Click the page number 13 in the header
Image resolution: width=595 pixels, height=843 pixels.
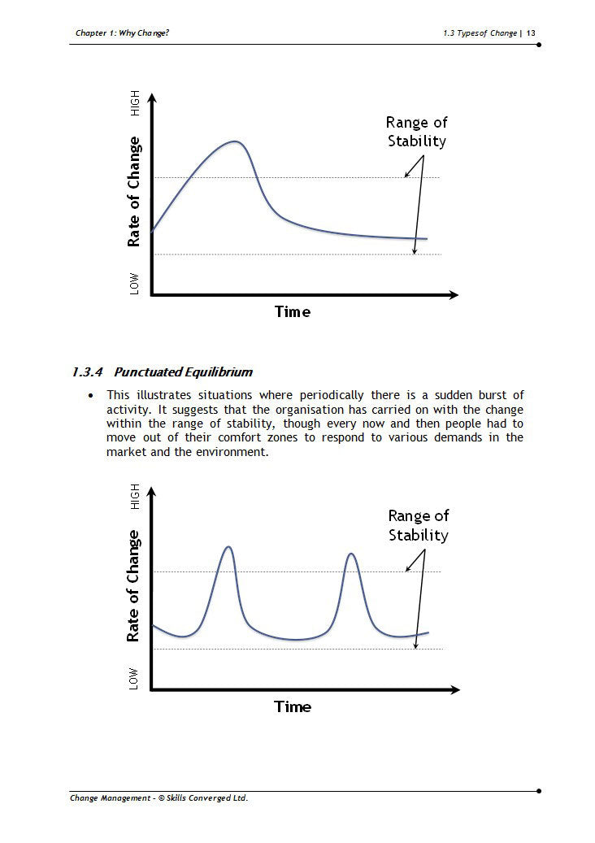531,33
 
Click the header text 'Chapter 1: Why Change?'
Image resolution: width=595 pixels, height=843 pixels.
122,33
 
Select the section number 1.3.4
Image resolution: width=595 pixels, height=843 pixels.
87,372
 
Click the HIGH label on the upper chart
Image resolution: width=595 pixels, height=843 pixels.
134,102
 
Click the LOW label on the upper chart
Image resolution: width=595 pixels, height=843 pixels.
134,284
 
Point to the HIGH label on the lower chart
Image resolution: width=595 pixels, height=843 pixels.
134,496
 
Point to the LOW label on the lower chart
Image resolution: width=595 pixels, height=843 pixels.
133,679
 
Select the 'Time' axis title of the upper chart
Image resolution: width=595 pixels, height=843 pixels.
293,312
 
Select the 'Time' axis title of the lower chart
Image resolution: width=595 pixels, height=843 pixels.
293,706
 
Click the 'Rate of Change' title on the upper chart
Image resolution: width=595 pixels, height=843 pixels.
134,191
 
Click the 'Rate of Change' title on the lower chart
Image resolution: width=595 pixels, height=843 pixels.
133,586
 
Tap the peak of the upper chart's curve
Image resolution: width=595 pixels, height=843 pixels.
236,141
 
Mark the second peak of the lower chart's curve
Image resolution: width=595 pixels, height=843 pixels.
351,554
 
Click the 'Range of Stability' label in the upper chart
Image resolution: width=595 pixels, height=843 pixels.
416,132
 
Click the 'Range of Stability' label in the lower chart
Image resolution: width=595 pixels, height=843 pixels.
418,526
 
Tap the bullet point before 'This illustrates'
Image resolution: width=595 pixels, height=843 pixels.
91,396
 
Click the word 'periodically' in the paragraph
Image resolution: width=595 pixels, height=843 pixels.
331,395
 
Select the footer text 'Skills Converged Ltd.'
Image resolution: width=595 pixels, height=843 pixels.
207,797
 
